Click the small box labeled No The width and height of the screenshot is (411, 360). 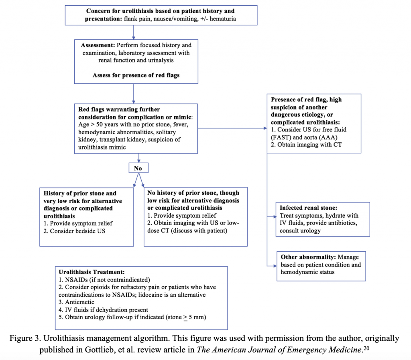point(138,168)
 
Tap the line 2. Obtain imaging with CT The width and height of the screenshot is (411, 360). point(307,145)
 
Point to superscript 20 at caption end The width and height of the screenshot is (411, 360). point(380,347)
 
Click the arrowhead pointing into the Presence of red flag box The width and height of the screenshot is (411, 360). point(265,129)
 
